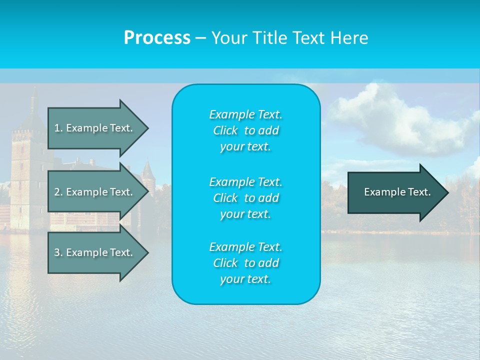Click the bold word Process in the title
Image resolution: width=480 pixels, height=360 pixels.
coord(157,38)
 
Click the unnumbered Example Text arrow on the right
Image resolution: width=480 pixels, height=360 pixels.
coord(395,192)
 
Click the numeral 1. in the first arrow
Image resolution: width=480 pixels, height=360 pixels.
coord(58,128)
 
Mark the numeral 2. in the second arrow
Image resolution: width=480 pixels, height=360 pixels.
coord(58,192)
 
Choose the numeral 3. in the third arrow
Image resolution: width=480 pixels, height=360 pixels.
coord(58,252)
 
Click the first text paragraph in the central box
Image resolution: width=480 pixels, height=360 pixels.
coord(245,130)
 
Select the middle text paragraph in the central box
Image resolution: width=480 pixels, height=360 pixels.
coord(245,197)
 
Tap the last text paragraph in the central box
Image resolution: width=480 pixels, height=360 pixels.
coord(245,263)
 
